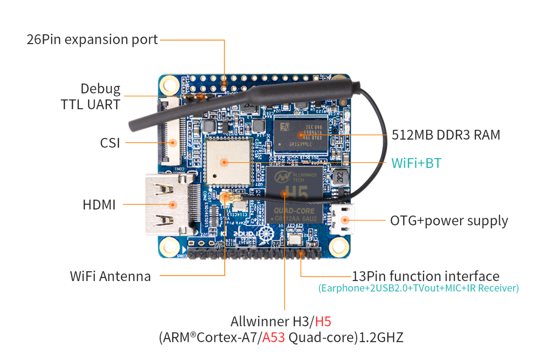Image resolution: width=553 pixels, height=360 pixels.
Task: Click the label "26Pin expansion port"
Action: pyautogui.click(x=92, y=40)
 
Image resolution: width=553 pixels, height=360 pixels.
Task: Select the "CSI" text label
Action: pyautogui.click(x=110, y=143)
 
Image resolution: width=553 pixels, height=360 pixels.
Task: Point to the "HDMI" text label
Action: pyautogui.click(x=99, y=205)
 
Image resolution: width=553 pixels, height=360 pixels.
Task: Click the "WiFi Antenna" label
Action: pyautogui.click(x=110, y=276)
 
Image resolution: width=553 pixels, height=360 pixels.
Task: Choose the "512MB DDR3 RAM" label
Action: pyautogui.click(x=446, y=135)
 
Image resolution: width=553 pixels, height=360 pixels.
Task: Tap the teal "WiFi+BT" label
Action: pyautogui.click(x=416, y=163)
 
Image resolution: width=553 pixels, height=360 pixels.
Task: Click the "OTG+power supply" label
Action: pyautogui.click(x=449, y=221)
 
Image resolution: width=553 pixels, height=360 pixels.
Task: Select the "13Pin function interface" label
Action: pyautogui.click(x=425, y=276)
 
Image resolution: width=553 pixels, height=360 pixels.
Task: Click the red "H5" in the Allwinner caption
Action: pyautogui.click(x=323, y=321)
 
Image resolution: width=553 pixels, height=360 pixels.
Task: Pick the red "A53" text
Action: pyautogui.click(x=273, y=337)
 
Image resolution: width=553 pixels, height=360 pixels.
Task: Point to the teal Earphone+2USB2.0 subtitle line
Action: pyautogui.click(x=418, y=288)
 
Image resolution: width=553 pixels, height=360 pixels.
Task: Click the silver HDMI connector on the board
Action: pyautogui.click(x=166, y=205)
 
